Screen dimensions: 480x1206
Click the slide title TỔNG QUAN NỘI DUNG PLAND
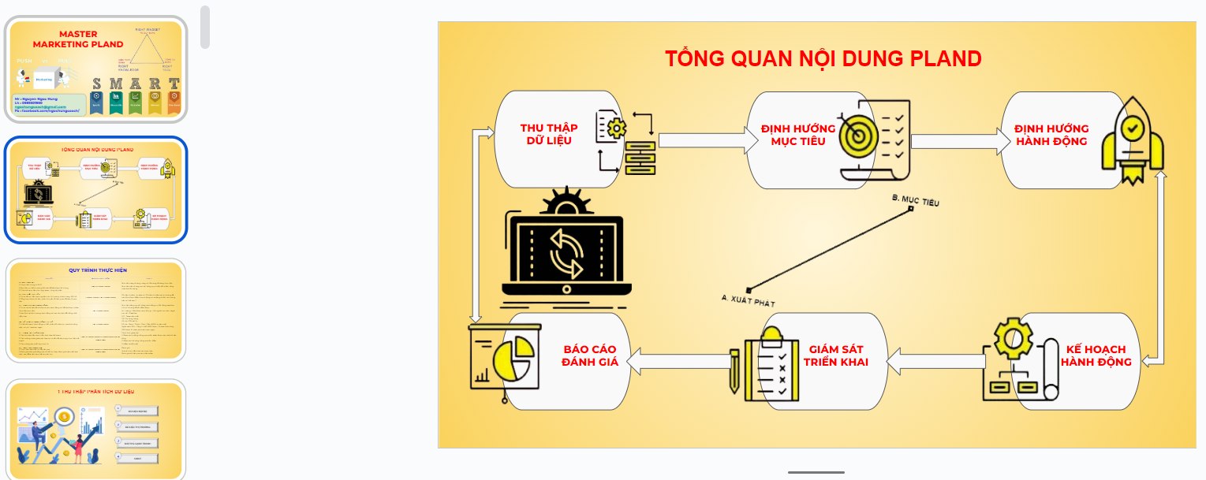tap(823, 59)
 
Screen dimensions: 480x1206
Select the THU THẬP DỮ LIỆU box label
tap(549, 135)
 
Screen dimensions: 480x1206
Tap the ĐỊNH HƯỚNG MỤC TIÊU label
tap(793, 135)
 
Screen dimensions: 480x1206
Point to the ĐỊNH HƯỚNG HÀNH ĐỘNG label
tap(1051, 135)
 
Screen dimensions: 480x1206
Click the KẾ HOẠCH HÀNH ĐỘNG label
tap(1096, 355)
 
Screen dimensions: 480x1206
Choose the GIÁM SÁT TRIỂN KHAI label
tap(838, 355)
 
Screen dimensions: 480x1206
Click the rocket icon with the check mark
tap(1132, 142)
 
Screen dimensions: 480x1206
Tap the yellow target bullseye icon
tap(857, 136)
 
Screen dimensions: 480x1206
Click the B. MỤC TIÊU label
tap(915, 201)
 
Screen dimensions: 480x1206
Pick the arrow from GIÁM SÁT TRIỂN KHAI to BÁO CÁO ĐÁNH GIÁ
tap(678, 362)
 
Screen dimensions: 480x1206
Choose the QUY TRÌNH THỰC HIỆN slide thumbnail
tap(95, 311)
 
